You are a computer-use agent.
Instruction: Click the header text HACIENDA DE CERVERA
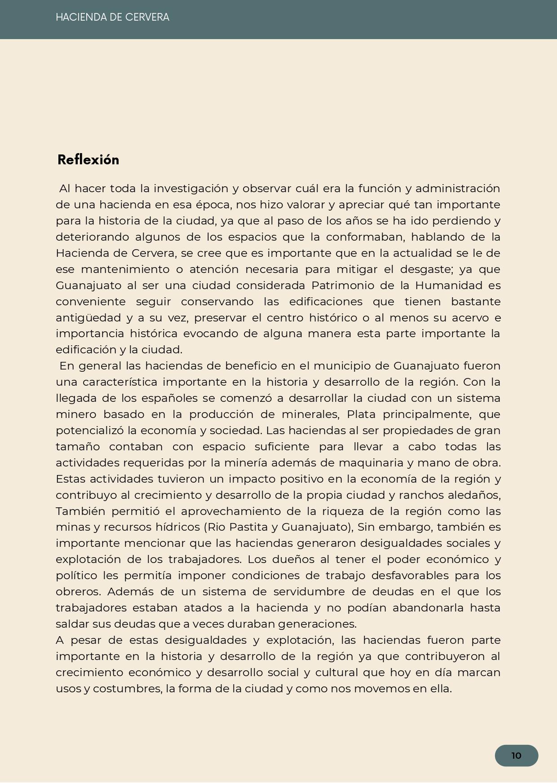(112, 18)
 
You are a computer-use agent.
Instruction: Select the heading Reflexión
(88, 160)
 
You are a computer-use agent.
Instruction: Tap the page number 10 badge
(516, 756)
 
